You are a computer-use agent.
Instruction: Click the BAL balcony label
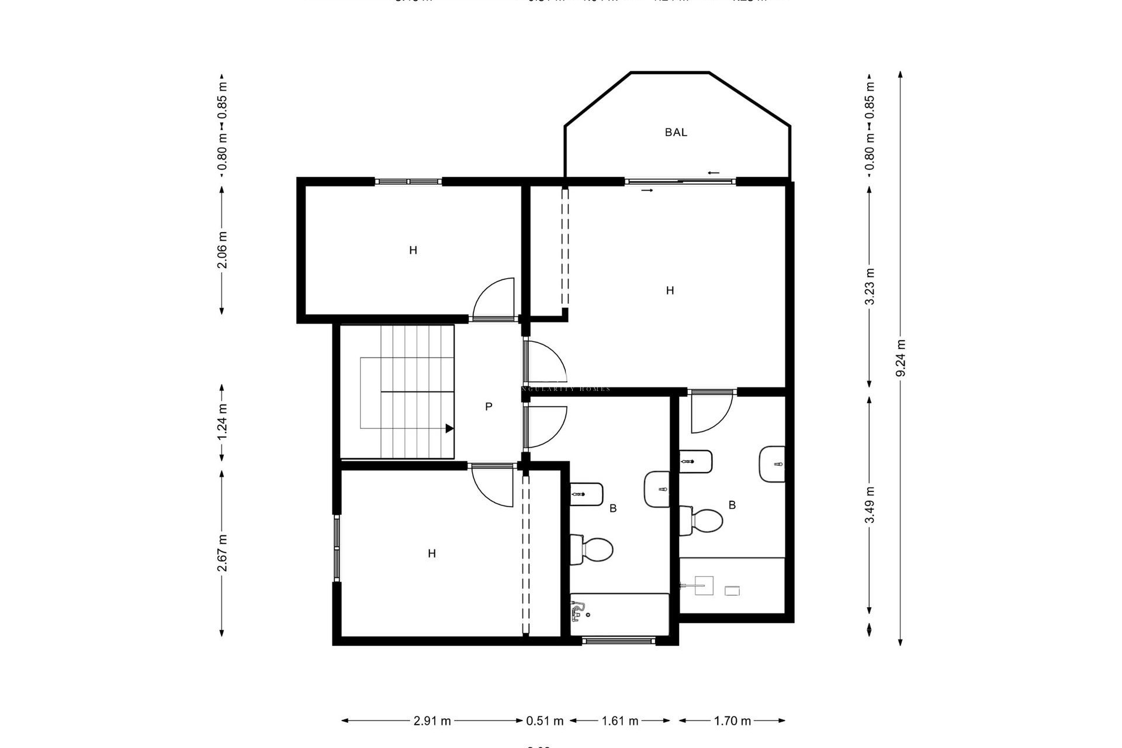pos(676,133)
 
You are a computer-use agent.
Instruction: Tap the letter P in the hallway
pos(489,407)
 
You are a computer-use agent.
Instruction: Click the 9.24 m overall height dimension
pos(901,358)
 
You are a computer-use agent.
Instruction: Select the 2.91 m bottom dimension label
pos(432,721)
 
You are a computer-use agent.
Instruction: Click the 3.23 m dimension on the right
pos(870,286)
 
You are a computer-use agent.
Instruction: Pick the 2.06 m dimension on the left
pos(222,250)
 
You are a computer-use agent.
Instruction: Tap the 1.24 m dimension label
pos(222,423)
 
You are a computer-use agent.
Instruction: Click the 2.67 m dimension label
pos(222,553)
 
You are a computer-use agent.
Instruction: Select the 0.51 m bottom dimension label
pos(545,721)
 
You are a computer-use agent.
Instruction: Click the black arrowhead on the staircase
pos(449,428)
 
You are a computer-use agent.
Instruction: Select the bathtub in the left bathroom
pos(619,614)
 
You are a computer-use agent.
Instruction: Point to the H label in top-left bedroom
pos(413,251)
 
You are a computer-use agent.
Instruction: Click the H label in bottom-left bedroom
pos(432,553)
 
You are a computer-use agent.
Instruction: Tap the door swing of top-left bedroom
pos(494,299)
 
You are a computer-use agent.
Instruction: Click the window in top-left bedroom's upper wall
pos(408,181)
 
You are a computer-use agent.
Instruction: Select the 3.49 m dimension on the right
pos(870,505)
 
